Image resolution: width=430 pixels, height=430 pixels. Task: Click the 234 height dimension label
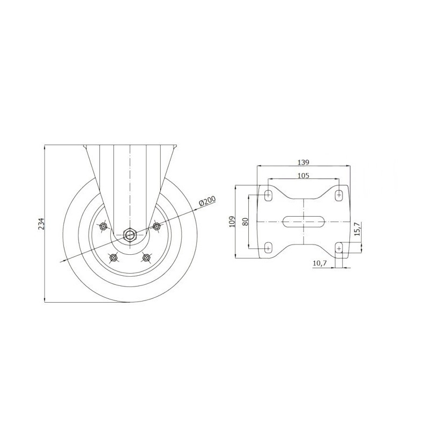click(x=41, y=224)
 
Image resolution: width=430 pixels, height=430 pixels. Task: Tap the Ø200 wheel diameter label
click(x=207, y=202)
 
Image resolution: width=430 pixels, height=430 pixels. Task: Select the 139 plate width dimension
click(x=303, y=162)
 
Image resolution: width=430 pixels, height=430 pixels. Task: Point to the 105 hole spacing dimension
click(x=303, y=176)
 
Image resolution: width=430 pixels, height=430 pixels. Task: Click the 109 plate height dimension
click(x=232, y=221)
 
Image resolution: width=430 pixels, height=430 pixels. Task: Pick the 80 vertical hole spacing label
click(x=246, y=221)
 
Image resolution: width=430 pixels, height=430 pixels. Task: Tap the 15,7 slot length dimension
click(x=357, y=230)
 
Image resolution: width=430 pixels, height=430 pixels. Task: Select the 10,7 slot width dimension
click(x=320, y=263)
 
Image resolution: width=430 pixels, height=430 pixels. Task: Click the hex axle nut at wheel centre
click(x=130, y=234)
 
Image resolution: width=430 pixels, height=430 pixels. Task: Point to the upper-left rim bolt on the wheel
click(x=103, y=226)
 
